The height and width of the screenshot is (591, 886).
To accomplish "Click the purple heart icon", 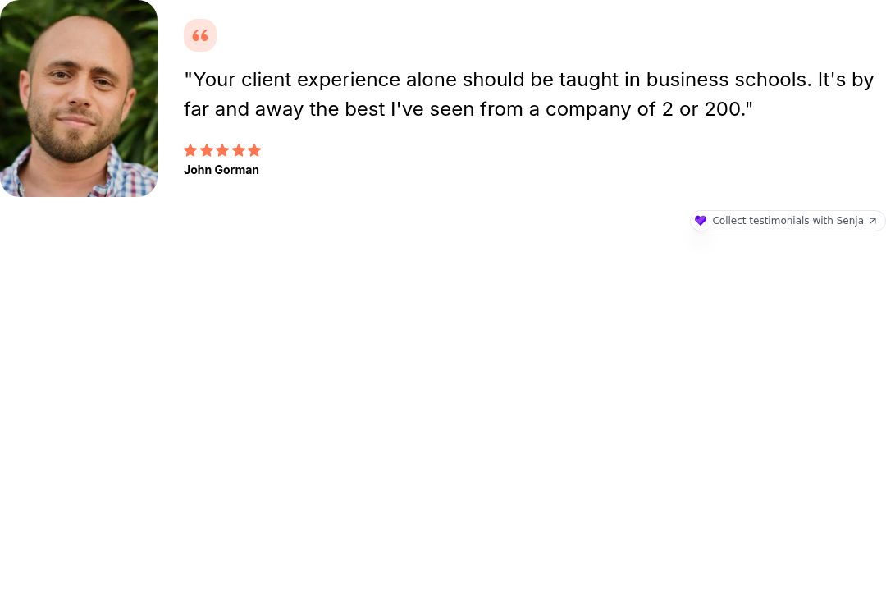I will point(700,221).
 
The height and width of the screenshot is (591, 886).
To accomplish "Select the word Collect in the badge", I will point(728,221).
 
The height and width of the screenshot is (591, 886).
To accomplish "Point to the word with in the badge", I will point(823,221).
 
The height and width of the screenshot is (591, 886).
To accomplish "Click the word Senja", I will point(850,221).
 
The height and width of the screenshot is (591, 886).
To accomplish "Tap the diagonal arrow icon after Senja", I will point(873,221).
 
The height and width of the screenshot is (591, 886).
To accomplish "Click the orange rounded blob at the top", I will point(200,34).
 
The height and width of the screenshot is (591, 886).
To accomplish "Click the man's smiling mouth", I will point(76,121).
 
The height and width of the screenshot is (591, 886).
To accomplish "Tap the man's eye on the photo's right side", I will point(102,82).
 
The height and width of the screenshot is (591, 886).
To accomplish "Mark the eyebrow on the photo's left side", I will point(60,66).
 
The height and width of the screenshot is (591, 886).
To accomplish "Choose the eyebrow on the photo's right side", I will point(105,71).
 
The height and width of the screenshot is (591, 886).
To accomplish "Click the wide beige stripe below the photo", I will point(55,394).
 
